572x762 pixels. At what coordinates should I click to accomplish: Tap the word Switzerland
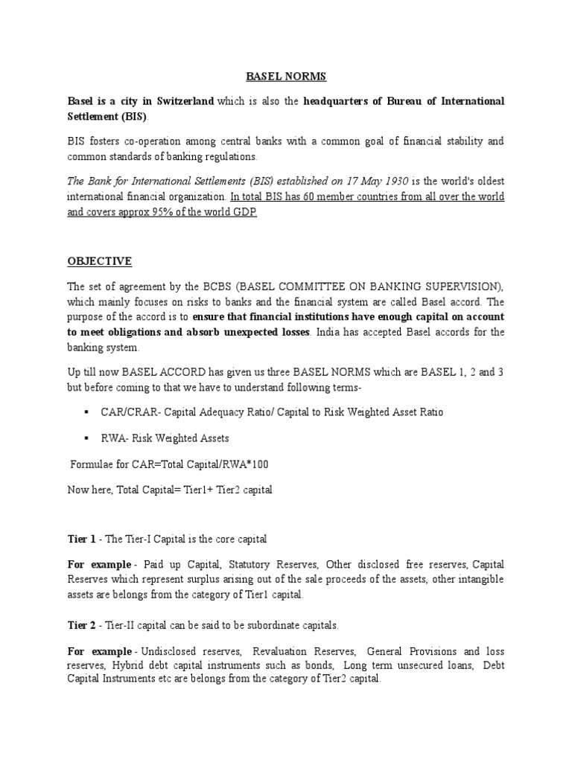[x=182, y=100]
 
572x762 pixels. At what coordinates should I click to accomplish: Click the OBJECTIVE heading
[x=100, y=260]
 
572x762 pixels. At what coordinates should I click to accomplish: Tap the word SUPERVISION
[x=460, y=288]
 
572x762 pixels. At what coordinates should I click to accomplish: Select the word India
[x=325, y=332]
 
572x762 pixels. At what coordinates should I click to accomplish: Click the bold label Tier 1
[x=80, y=538]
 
